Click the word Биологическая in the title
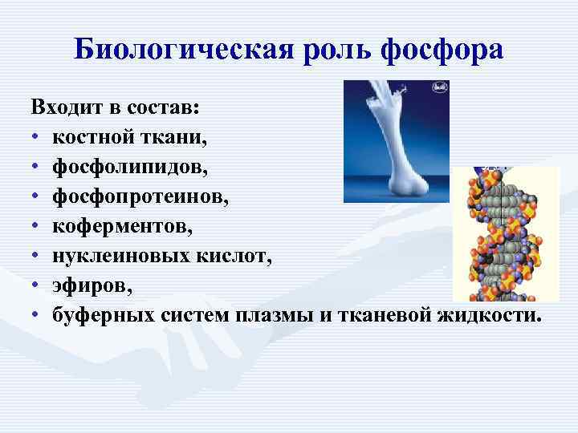[185, 50]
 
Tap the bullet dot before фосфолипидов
[36, 168]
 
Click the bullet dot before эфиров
[36, 286]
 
